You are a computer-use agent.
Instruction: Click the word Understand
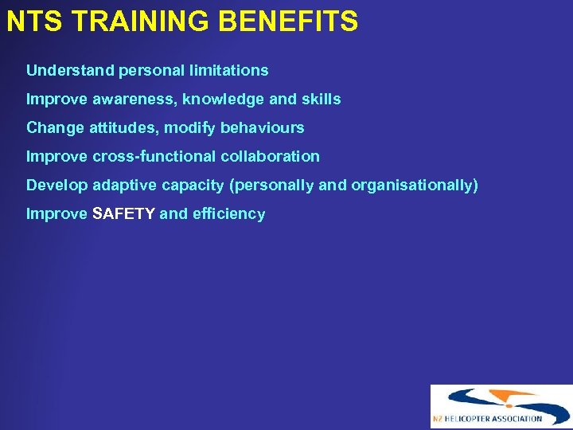(x=70, y=70)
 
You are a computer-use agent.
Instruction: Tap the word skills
(x=321, y=99)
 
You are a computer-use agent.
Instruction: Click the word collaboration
(x=271, y=156)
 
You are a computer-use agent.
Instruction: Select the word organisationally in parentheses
(x=415, y=185)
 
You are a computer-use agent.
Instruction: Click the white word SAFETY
(x=124, y=213)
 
